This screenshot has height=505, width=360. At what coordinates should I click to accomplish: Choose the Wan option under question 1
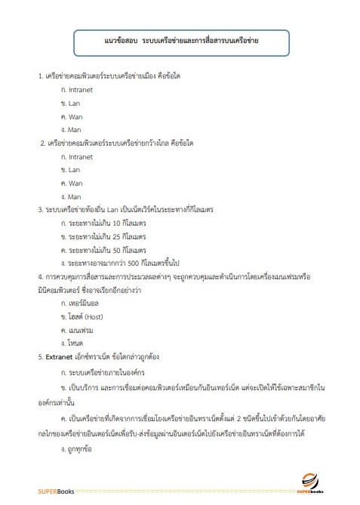click(75, 116)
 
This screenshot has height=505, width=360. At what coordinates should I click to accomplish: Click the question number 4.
click(39, 277)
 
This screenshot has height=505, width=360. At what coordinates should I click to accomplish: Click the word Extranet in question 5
click(60, 356)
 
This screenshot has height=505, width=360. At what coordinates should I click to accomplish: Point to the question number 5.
click(39, 356)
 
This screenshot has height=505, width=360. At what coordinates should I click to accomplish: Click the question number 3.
click(39, 210)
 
